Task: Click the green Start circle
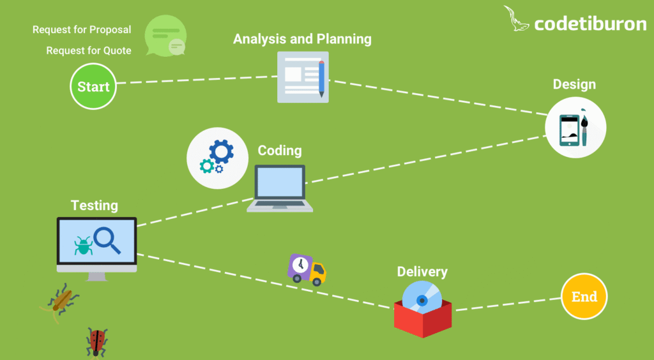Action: (x=93, y=87)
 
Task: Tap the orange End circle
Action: (x=584, y=297)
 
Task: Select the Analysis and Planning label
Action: (x=302, y=39)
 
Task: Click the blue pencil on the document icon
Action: (x=321, y=79)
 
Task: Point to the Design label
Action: (x=574, y=84)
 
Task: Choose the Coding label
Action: (x=280, y=151)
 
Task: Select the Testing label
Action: (x=95, y=206)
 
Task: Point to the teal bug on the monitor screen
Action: (x=83, y=246)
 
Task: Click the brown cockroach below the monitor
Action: (x=62, y=299)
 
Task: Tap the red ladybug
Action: (x=96, y=341)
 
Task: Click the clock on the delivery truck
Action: (x=299, y=264)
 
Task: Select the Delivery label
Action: (x=422, y=272)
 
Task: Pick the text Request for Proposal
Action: (x=82, y=30)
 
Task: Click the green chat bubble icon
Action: (x=165, y=35)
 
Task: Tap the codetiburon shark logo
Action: (x=517, y=19)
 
